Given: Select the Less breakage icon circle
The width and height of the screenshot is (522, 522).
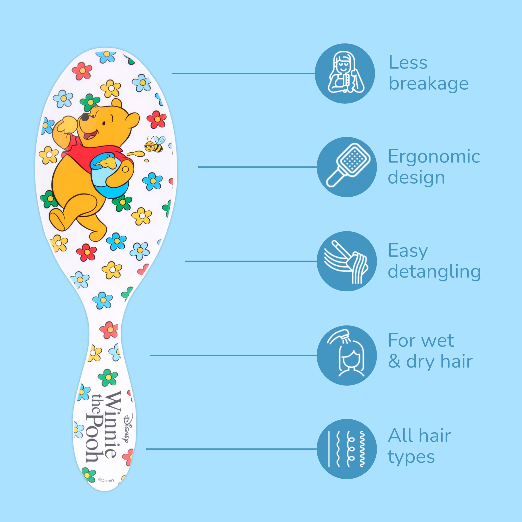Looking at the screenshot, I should tap(345, 73).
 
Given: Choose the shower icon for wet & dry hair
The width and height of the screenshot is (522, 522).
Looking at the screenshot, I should tap(346, 355).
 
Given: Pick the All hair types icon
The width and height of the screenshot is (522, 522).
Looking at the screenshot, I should tap(346, 449).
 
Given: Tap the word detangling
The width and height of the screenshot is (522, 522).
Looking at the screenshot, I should tap(434, 272).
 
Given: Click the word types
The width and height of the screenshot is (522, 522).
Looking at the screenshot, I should tap(411, 457).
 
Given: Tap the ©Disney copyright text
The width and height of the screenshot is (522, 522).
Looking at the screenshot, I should tap(106, 480).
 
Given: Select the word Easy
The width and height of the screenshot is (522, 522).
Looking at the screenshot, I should tap(408, 251).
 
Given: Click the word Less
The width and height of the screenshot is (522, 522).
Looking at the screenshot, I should tap(408, 63).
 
